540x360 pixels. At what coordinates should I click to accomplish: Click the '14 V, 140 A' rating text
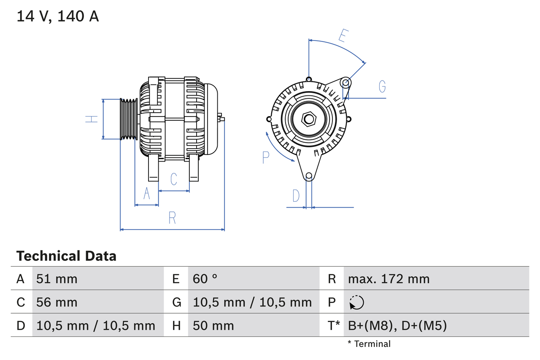pyautogui.click(x=58, y=16)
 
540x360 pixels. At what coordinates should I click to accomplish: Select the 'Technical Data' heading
pyautogui.click(x=66, y=256)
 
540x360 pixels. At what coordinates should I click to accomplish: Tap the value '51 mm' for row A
pyautogui.click(x=57, y=279)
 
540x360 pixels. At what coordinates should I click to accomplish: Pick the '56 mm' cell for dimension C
pyautogui.click(x=57, y=302)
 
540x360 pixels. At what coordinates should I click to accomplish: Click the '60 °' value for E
pyautogui.click(x=205, y=279)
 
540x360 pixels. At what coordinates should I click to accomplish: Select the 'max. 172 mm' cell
pyautogui.click(x=389, y=279)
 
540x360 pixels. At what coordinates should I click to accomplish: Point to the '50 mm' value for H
pyautogui.click(x=213, y=325)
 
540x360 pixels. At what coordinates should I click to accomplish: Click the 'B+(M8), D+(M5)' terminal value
pyautogui.click(x=397, y=325)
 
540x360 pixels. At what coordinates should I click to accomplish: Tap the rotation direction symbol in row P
pyautogui.click(x=356, y=303)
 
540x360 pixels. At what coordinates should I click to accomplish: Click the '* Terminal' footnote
pyautogui.click(x=369, y=344)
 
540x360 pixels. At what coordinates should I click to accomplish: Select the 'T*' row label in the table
pyautogui.click(x=334, y=325)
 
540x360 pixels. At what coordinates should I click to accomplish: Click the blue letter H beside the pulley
pyautogui.click(x=92, y=119)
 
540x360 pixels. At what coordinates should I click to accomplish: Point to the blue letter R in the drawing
pyautogui.click(x=172, y=218)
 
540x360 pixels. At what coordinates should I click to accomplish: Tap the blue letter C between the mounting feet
pyautogui.click(x=174, y=179)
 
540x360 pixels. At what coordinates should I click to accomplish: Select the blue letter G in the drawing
pyautogui.click(x=382, y=86)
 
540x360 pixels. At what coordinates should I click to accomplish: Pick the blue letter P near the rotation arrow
pyautogui.click(x=265, y=157)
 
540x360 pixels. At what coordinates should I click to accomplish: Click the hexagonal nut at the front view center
pyautogui.click(x=309, y=119)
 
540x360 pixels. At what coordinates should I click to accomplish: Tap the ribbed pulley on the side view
pyautogui.click(x=129, y=119)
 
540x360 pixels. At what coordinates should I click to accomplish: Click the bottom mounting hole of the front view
pyautogui.click(x=309, y=176)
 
